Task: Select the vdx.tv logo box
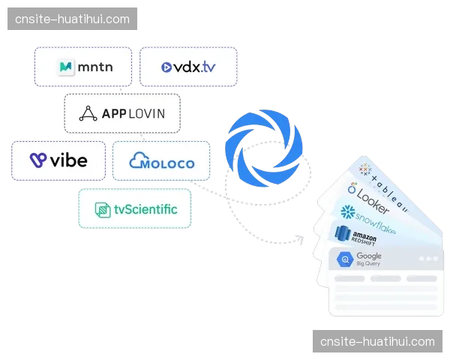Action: coord(188,67)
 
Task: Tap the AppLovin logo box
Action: coord(122,114)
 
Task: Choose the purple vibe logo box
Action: coord(58,160)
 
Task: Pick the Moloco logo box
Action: coord(161,161)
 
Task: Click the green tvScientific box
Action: coord(135,208)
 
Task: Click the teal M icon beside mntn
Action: coord(67,67)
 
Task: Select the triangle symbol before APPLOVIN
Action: coord(89,114)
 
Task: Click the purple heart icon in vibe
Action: coord(38,160)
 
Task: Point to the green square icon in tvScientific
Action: coord(101,209)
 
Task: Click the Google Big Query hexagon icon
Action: coord(346,260)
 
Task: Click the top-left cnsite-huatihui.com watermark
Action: coord(71,19)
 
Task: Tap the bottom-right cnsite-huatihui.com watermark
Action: coord(377,341)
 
